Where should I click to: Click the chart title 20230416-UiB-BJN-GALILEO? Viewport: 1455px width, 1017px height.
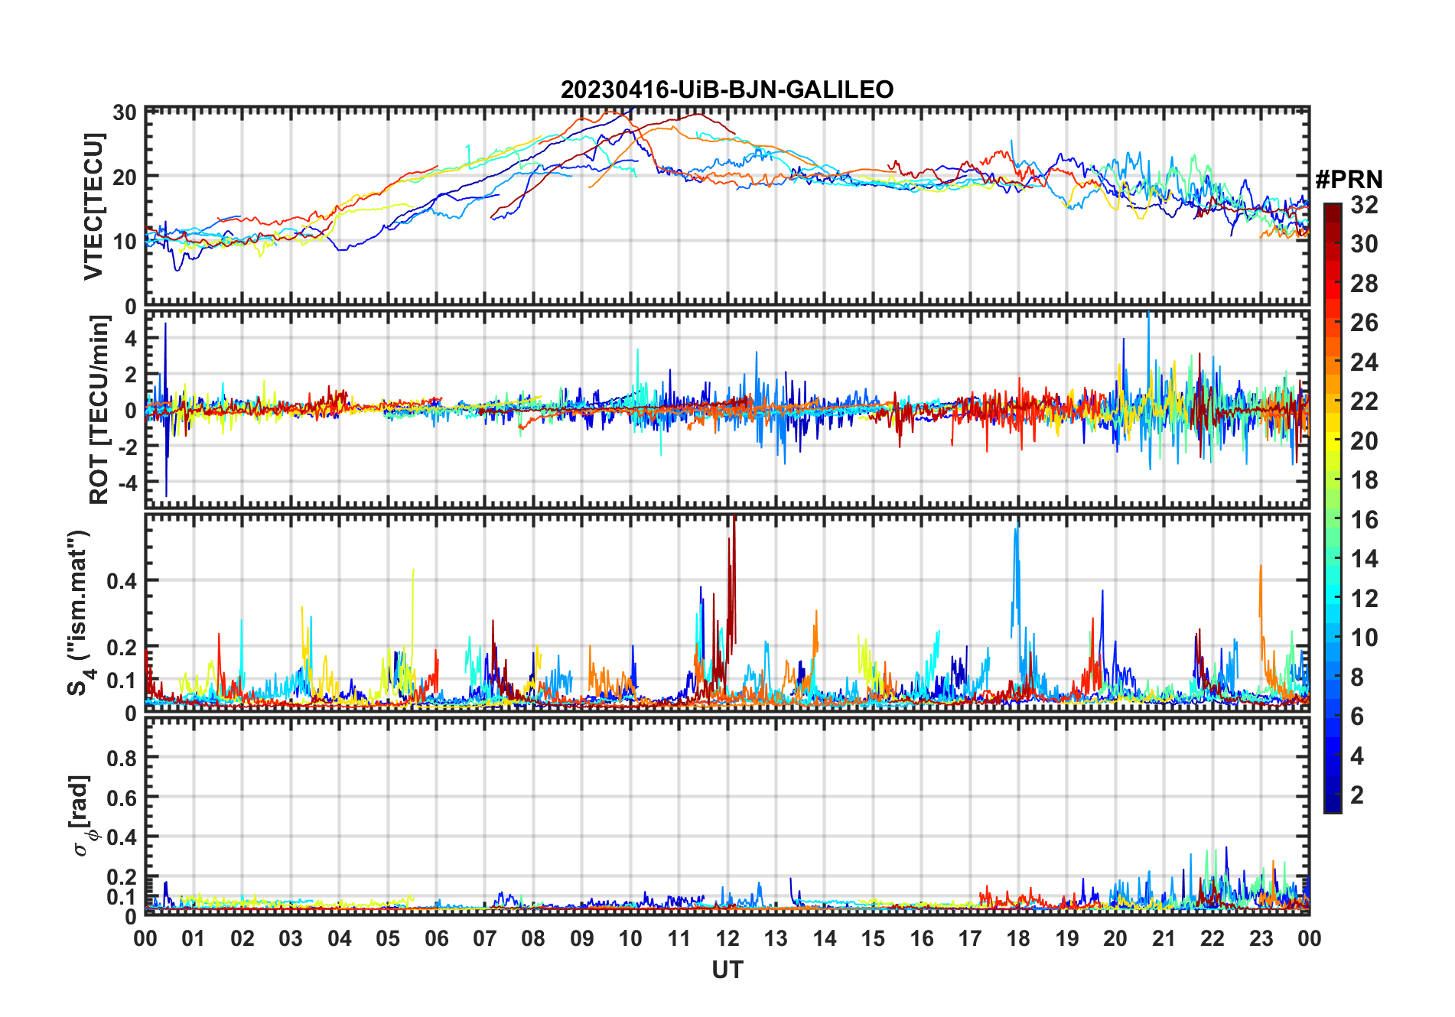click(727, 90)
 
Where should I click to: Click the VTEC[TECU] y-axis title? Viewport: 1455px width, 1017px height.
click(93, 206)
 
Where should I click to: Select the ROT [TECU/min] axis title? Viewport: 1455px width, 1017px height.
click(99, 410)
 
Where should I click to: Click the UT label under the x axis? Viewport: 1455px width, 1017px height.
click(727, 970)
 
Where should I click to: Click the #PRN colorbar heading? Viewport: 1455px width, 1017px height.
click(1349, 180)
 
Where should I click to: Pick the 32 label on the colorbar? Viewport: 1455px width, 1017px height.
click(1364, 205)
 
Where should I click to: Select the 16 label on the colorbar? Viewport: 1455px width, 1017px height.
click(1364, 520)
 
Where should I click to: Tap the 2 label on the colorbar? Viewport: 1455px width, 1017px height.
click(1357, 795)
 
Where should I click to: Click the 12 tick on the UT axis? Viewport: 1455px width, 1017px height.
click(727, 939)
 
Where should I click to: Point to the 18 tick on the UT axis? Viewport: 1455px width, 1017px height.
click(1018, 939)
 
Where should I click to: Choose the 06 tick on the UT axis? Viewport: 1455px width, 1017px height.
click(436, 939)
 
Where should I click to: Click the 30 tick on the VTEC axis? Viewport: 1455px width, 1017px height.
click(125, 112)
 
